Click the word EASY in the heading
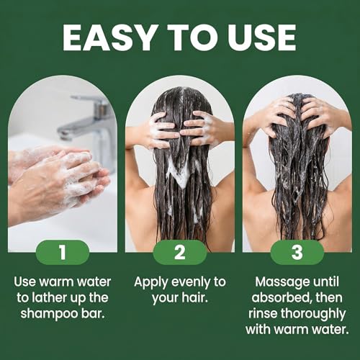pos(109,37)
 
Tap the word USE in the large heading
pos(261,37)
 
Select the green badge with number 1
pos(63,252)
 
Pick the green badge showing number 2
pos(180,252)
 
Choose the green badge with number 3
pos(297,252)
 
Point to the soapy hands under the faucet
pos(59,180)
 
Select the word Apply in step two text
pos(151,283)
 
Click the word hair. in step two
pos(194,298)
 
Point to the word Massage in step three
pos(279,282)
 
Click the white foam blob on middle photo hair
pos(179,171)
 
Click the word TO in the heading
pos(191,37)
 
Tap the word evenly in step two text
pos(191,283)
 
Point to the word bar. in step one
pos(93,314)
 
